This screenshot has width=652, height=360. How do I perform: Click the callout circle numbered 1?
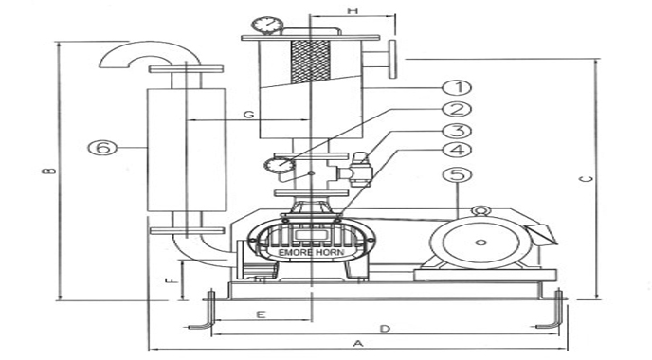coord(457,88)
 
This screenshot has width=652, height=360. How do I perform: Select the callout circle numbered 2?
coord(457,109)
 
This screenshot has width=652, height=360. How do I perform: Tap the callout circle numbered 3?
coord(457,131)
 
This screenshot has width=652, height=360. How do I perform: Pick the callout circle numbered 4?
coord(457,150)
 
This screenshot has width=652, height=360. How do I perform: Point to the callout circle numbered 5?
coord(457,174)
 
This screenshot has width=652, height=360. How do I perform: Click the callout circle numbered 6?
coord(102,147)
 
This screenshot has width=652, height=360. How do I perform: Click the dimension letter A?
coord(357,343)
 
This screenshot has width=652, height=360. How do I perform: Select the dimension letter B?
coord(50,171)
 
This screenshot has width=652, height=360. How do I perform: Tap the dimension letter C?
coord(586,179)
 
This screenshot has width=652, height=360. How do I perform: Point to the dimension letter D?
coord(386,329)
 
